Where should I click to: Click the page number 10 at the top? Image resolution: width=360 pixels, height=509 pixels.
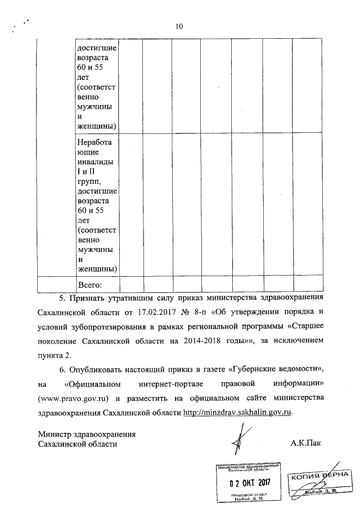pyautogui.click(x=179, y=26)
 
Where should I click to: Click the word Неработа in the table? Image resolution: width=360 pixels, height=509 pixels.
pyautogui.click(x=94, y=142)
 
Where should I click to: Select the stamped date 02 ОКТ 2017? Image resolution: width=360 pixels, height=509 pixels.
pyautogui.click(x=250, y=483)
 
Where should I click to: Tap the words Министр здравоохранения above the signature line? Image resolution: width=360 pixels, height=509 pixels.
pyautogui.click(x=87, y=434)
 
